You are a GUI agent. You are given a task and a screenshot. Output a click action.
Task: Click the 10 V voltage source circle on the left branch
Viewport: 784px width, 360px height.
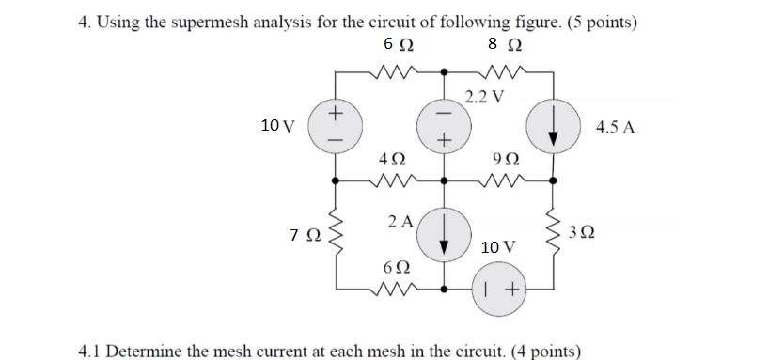point(336,125)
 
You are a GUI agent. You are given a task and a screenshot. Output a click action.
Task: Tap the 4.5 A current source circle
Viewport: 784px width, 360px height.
point(552,125)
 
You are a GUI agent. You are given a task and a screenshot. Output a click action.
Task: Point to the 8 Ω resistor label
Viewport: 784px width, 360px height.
point(499,45)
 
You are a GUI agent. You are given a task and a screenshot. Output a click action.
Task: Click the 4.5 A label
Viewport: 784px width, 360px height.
point(616,125)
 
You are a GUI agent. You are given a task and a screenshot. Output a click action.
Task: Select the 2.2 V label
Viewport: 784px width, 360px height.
point(484,96)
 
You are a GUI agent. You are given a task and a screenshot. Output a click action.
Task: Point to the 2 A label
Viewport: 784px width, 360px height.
point(399,222)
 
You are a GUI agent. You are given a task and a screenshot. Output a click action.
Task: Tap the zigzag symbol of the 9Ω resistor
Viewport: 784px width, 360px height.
point(499,177)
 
